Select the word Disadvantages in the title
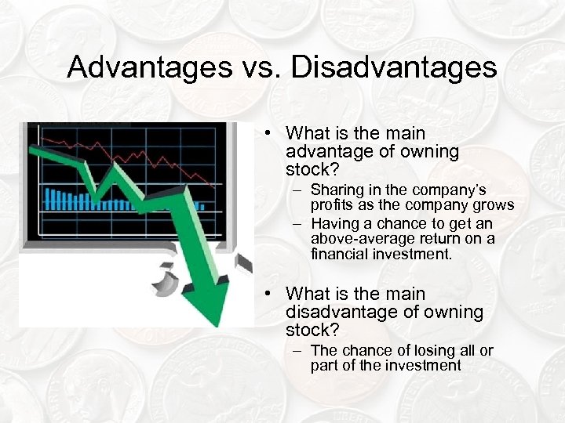point(394,67)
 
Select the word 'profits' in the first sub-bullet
point(333,205)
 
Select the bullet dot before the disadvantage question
point(268,295)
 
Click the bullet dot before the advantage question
point(268,134)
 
